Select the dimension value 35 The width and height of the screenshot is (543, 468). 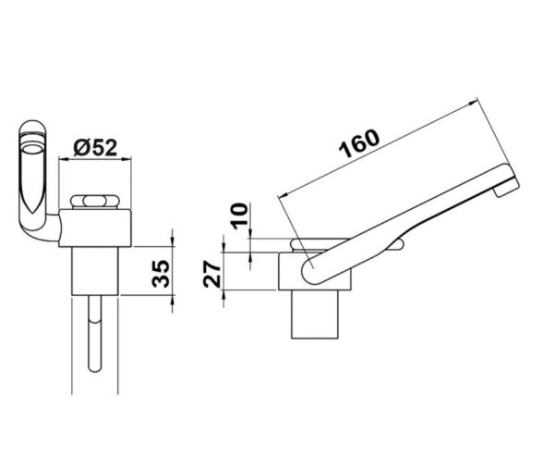160,274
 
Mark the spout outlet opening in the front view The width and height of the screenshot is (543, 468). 32,147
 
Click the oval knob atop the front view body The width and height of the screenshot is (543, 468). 96,203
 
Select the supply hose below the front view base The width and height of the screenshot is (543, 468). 95,342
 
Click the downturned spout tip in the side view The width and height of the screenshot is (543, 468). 505,190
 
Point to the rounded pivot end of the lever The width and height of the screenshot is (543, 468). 311,269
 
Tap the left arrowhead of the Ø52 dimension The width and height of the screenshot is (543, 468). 63,159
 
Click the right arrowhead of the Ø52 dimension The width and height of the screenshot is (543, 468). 131,159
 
